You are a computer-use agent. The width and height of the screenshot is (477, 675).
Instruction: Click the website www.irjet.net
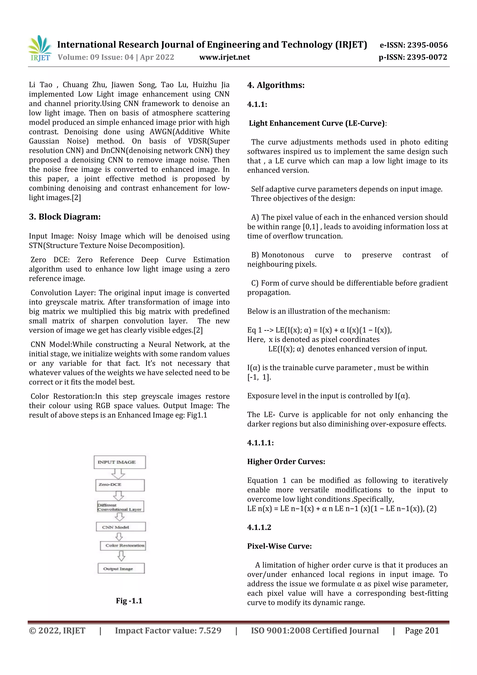[225, 57]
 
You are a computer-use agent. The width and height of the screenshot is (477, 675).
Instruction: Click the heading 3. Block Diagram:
[65, 217]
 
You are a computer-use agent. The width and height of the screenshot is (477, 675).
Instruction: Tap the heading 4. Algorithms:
[276, 85]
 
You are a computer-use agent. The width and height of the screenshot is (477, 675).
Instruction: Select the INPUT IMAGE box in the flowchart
[120, 462]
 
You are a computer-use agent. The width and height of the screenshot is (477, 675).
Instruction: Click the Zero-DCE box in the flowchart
[120, 485]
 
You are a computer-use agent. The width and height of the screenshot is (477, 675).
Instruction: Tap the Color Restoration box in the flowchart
[123, 546]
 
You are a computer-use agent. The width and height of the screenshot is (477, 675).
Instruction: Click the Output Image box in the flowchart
[121, 569]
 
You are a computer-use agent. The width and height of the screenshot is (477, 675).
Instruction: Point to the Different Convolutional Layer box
[120, 507]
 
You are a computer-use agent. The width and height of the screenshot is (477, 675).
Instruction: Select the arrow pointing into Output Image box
[121, 556]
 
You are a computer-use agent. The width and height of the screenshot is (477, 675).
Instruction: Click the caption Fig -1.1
[129, 601]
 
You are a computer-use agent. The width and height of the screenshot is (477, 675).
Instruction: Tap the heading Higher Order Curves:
[286, 462]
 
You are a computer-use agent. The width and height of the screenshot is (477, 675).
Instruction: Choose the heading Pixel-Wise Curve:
[279, 546]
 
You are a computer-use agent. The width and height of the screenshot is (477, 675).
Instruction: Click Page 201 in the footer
[422, 630]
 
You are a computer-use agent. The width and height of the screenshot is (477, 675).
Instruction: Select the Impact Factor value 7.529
[168, 630]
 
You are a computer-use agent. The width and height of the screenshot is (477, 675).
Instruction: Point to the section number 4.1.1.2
[259, 528]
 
